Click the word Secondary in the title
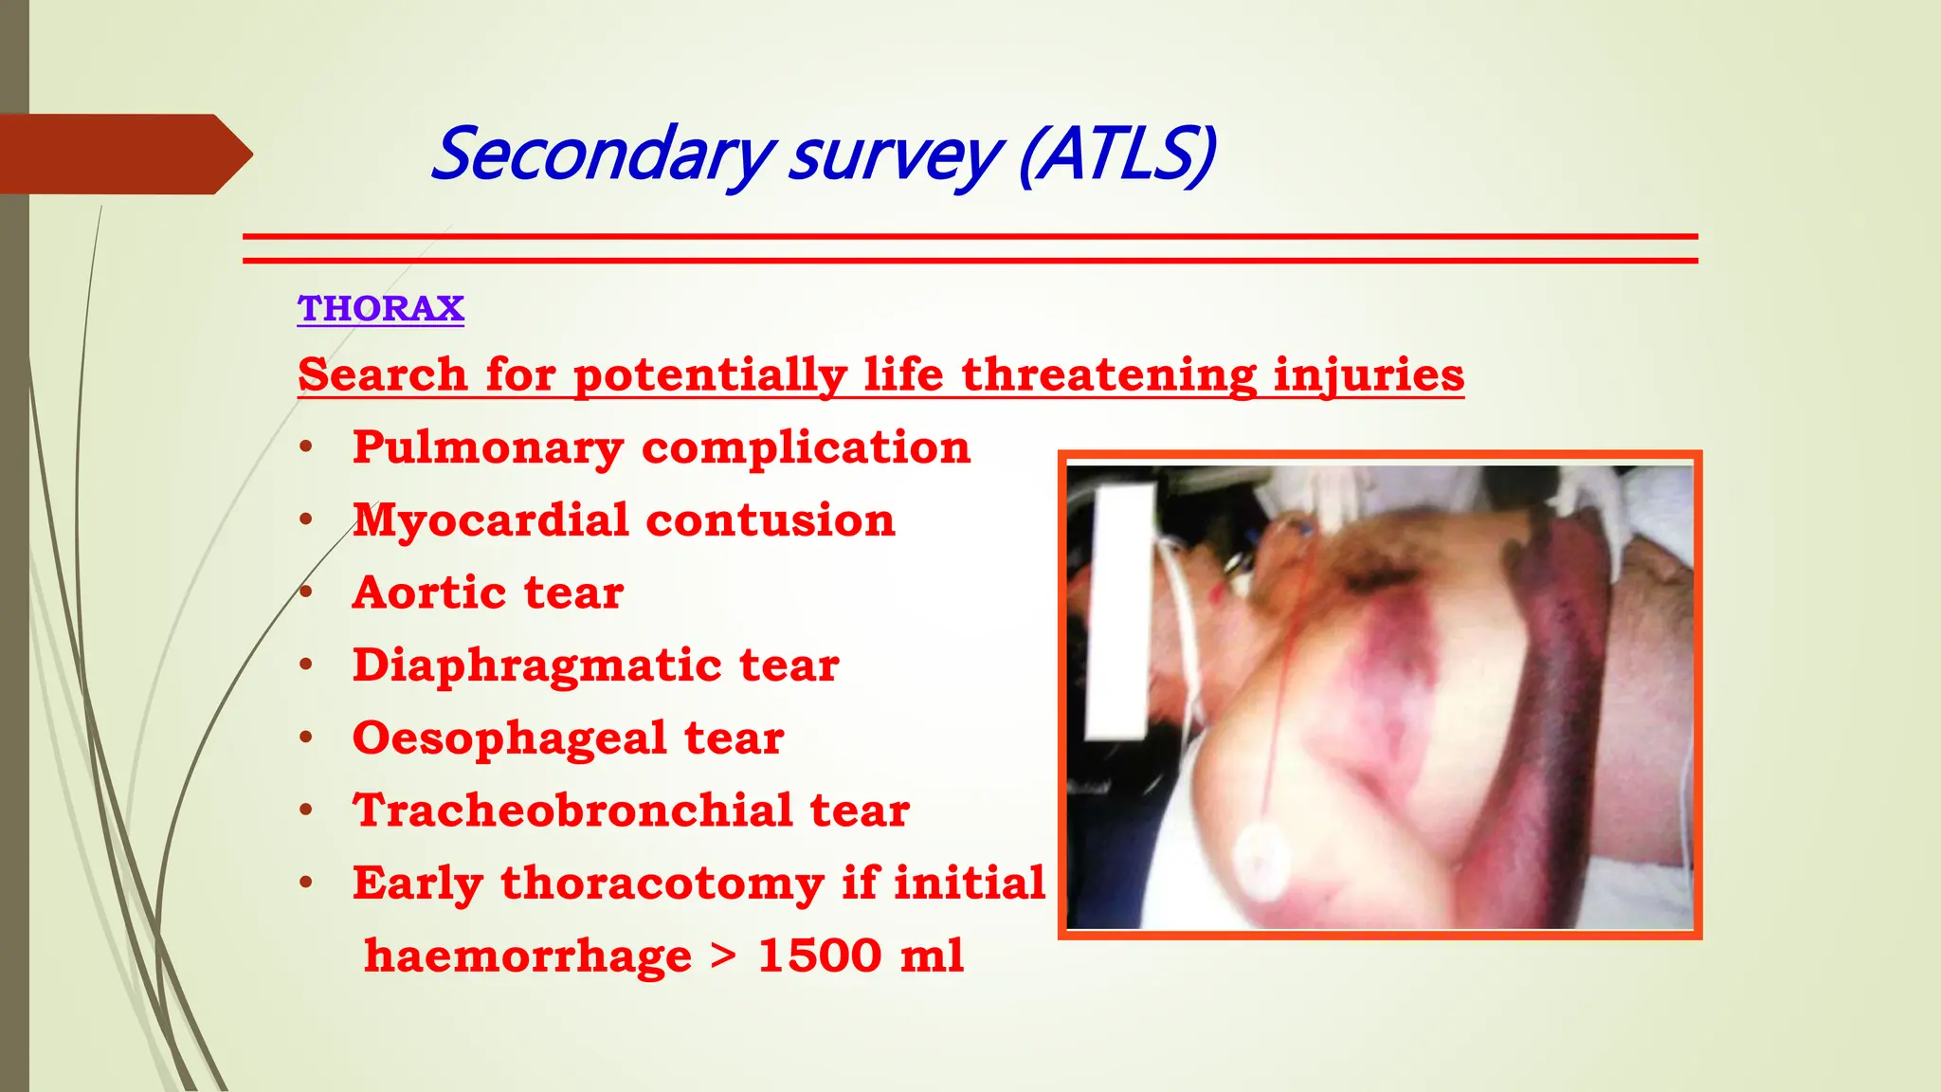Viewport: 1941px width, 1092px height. coord(603,155)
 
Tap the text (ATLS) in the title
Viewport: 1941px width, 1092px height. coord(1117,155)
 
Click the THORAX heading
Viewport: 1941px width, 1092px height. coord(380,308)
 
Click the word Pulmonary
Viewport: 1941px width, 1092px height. coord(487,448)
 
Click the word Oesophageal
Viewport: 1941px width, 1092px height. coord(509,738)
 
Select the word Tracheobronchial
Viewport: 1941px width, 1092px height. coord(572,811)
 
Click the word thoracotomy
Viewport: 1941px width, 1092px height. coord(662,883)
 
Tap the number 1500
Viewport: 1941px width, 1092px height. coord(820,955)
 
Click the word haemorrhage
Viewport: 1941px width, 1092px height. coord(528,955)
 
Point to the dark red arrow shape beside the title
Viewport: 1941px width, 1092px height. coord(123,155)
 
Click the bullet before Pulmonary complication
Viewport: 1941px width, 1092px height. coord(306,447)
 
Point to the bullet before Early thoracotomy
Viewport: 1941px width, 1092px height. coord(306,883)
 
